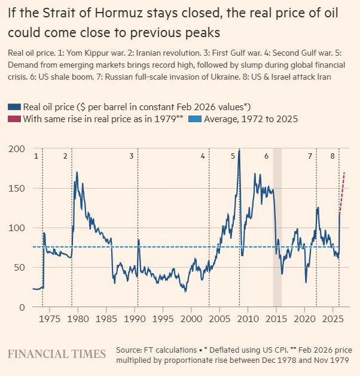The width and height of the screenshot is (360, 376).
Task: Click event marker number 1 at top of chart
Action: tap(36, 156)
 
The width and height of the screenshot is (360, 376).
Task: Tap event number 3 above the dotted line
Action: tap(132, 156)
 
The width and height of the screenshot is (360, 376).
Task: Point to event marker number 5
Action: tap(233, 156)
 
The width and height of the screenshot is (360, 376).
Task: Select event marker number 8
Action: tap(332, 156)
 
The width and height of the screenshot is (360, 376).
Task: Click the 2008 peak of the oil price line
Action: tap(239, 151)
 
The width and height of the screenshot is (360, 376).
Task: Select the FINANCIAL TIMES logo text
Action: tap(56, 354)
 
